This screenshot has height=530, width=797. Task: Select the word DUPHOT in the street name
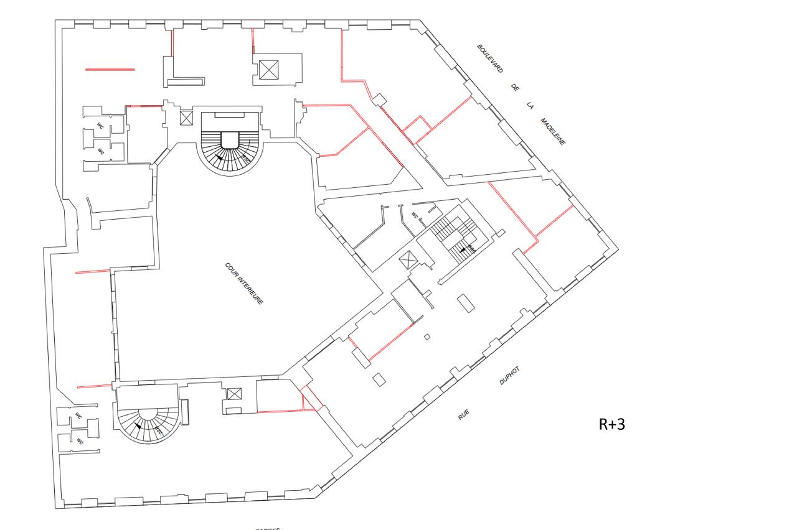tap(509, 376)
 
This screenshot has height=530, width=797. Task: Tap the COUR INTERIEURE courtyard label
tap(244, 283)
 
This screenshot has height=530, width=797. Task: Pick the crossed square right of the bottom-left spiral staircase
tap(234, 393)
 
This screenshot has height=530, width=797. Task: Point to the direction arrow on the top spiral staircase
tap(219, 157)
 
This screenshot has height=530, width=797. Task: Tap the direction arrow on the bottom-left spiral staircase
tap(138, 427)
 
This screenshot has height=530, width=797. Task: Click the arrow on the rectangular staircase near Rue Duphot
tap(462, 249)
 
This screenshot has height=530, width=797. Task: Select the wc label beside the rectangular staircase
tap(414, 215)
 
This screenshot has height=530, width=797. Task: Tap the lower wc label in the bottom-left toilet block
tap(79, 440)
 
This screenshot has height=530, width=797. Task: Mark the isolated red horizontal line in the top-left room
tap(110, 69)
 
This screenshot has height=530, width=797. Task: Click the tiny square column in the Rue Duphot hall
tap(427, 337)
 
